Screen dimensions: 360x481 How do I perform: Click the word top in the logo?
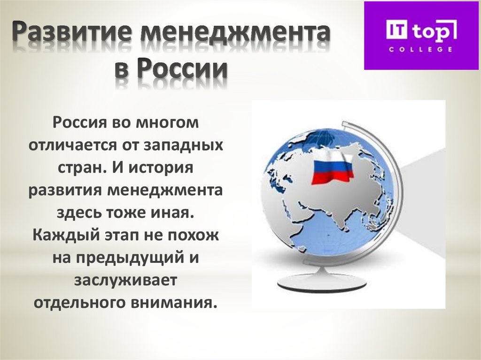[430, 31]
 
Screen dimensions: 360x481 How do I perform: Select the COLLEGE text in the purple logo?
[420, 49]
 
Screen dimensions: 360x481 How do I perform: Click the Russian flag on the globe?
[333, 166]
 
